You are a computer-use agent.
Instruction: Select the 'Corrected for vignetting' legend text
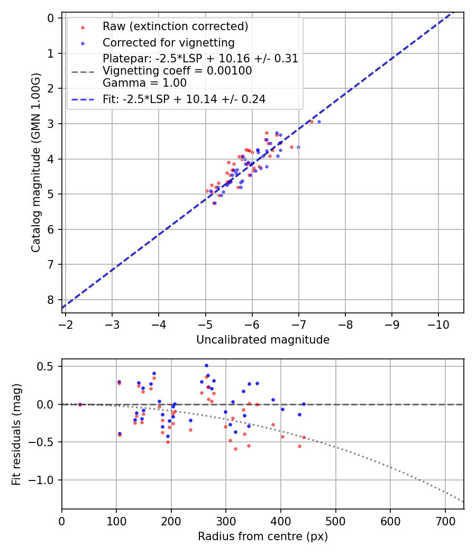click(168, 42)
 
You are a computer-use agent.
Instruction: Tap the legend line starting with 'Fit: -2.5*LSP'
click(184, 99)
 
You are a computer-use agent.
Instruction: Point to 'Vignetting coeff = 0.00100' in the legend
click(177, 71)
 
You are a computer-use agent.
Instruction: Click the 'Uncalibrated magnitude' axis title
click(263, 340)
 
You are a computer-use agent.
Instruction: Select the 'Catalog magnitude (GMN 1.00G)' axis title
click(36, 162)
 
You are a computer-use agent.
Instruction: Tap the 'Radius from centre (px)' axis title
click(263, 536)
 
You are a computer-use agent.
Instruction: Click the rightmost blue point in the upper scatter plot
click(319, 122)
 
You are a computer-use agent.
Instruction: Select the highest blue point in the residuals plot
click(206, 365)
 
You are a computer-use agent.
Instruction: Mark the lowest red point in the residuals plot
click(235, 449)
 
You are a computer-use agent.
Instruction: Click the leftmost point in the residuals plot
click(80, 404)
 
